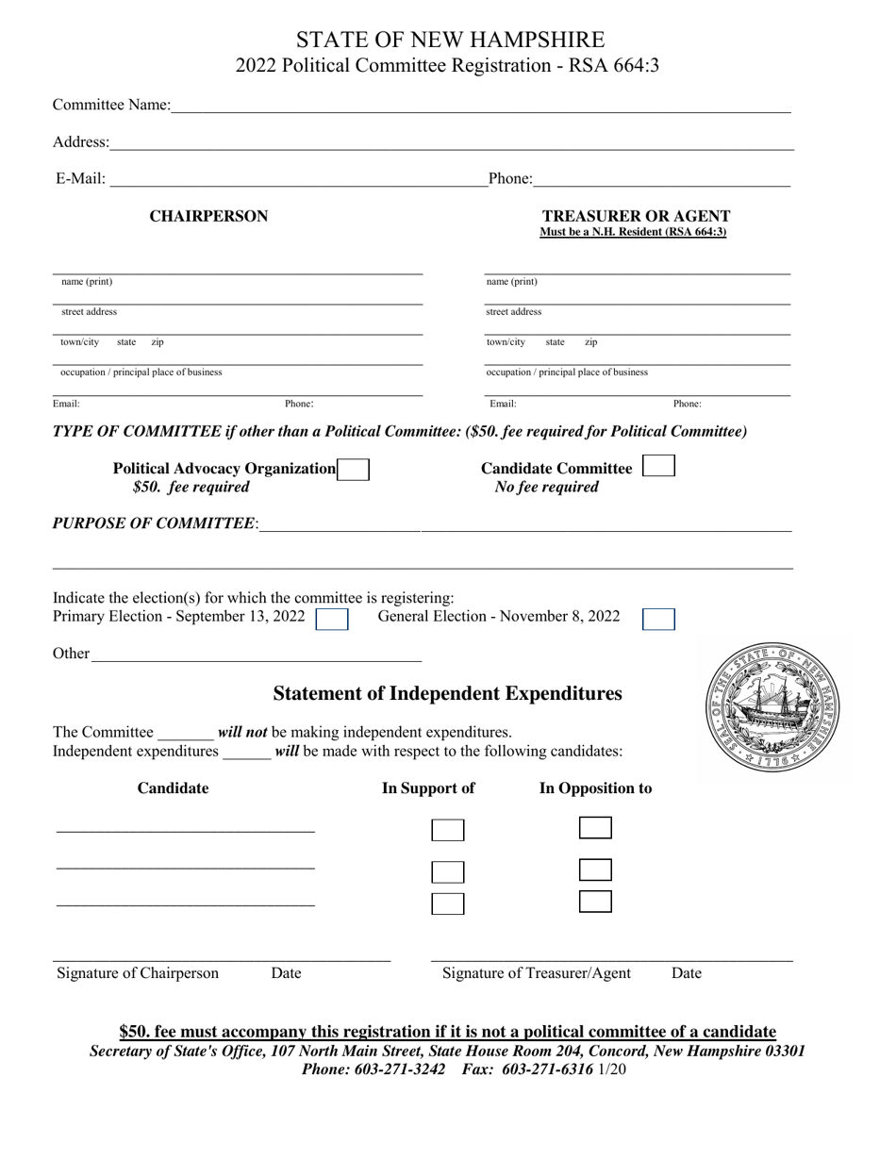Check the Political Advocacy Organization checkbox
(353, 470)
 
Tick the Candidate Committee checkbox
(657, 466)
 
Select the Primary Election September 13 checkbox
(332, 619)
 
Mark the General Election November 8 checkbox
(658, 619)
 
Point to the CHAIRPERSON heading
(208, 216)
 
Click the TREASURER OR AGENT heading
(636, 216)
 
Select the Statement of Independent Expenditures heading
(447, 694)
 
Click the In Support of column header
(427, 788)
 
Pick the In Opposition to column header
(595, 788)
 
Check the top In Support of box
(448, 830)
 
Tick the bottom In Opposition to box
(595, 902)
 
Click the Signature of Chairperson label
(138, 973)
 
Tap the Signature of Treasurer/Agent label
(537, 973)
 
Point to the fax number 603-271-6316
(548, 1069)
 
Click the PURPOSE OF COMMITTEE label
(154, 523)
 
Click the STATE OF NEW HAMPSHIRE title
(450, 40)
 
